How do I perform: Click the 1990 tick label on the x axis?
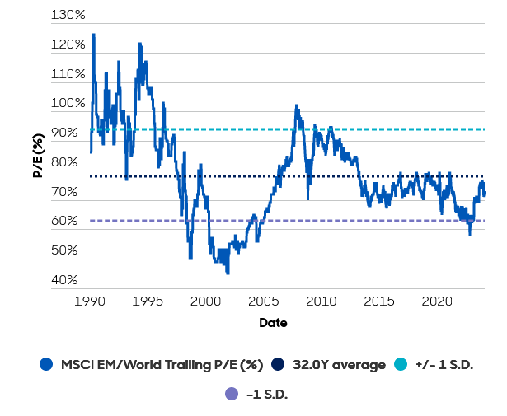click(90, 301)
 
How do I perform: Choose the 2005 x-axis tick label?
click(263, 301)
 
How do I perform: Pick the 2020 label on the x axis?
click(435, 301)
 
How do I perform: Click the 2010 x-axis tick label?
click(321, 301)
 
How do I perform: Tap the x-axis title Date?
click(273, 323)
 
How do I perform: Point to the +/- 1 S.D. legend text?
click(450, 365)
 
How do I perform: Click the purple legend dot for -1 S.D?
click(231, 395)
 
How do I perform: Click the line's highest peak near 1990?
click(93, 35)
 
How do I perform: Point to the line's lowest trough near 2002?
click(228, 273)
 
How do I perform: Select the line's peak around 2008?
click(296, 105)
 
